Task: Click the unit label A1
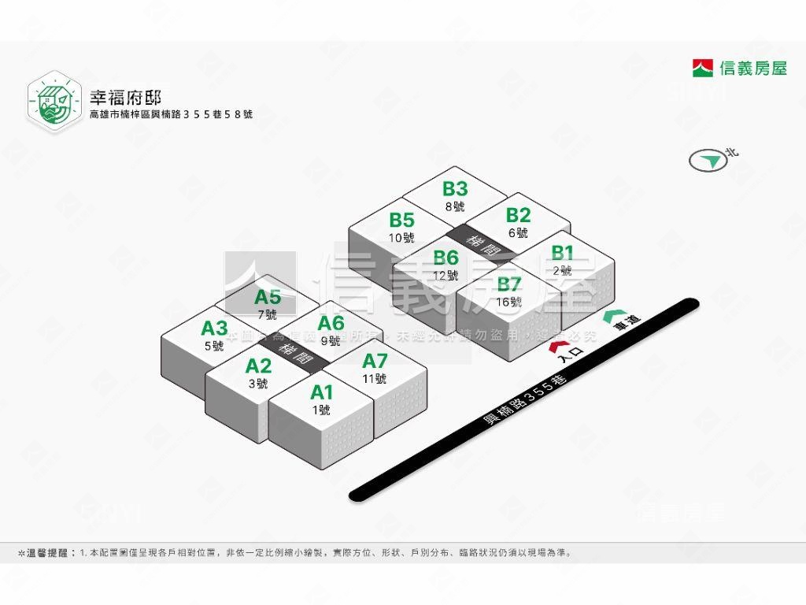pos(322,392)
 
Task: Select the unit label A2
pos(258,366)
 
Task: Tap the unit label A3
pos(214,328)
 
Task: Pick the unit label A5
pos(268,297)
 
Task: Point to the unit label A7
pos(375,361)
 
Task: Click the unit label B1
pos(562,253)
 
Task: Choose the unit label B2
pos(518,215)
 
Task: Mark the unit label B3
pos(455,189)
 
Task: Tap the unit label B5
pos(401,220)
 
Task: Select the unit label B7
pos(509,284)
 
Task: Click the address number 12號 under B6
pos(446,276)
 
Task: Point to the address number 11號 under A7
pos(375,379)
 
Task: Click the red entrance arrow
pos(559,346)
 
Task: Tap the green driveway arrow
pos(612,317)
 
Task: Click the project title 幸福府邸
pos(125,98)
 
